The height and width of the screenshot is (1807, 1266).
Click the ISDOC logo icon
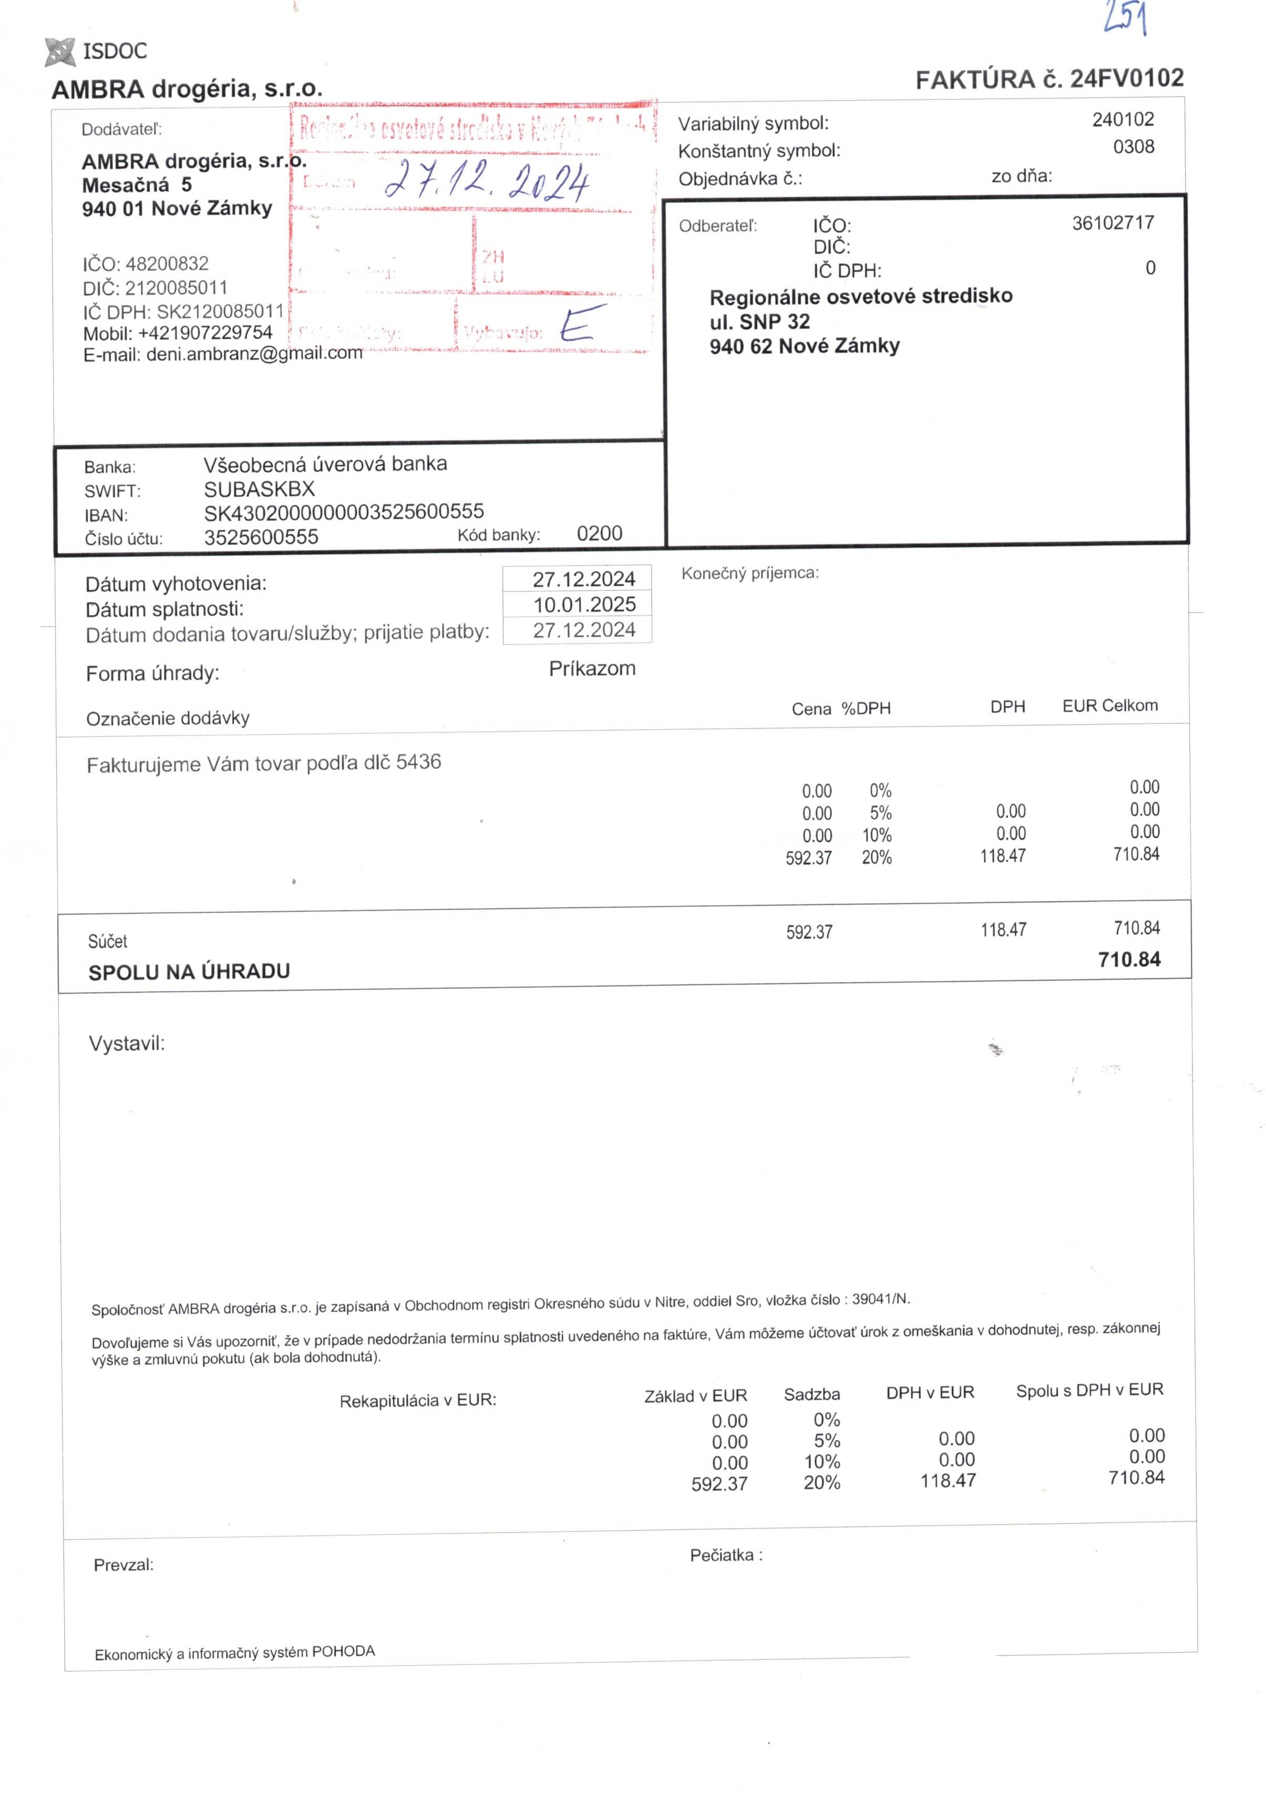coord(60,51)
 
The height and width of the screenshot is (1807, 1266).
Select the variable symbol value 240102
coord(1122,120)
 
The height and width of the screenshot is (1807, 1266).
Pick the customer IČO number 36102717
coord(1112,223)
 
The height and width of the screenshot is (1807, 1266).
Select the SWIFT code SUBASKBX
coord(259,489)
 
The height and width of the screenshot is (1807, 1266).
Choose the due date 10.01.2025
coord(584,605)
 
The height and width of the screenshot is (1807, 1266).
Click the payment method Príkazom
coord(592,668)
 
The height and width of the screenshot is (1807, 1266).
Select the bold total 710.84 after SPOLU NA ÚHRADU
coord(1128,959)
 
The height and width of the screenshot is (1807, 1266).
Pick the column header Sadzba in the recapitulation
coord(811,1395)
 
